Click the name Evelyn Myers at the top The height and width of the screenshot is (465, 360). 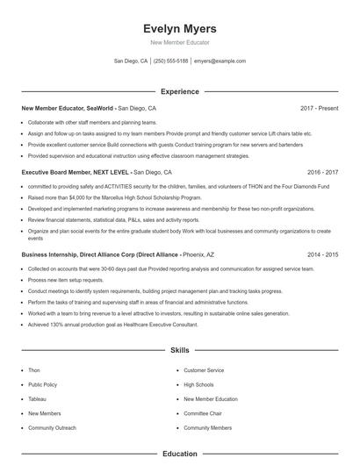tap(179, 28)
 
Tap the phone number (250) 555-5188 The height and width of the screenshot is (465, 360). tap(171, 61)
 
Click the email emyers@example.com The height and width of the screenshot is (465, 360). tap(220, 61)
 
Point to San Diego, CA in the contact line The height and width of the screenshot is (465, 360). tap(131, 61)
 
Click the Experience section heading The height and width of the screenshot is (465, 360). tap(179, 91)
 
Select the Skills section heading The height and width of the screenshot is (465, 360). tap(179, 350)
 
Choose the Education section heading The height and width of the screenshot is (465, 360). tap(179, 454)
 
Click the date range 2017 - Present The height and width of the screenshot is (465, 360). tap(319, 109)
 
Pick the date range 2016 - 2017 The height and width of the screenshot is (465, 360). tap(322, 173)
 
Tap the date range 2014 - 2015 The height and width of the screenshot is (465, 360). tap(322, 254)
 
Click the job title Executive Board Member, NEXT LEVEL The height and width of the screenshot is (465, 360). tap(75, 173)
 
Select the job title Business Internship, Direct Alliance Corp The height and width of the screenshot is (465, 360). tap(77, 254)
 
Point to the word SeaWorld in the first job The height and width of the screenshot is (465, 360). tap(100, 109)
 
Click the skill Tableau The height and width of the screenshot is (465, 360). tap(37, 398)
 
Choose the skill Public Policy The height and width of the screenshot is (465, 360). tap(42, 384)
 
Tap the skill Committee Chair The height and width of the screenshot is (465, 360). tap(202, 412)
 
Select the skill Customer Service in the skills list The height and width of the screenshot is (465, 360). tap(203, 370)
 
